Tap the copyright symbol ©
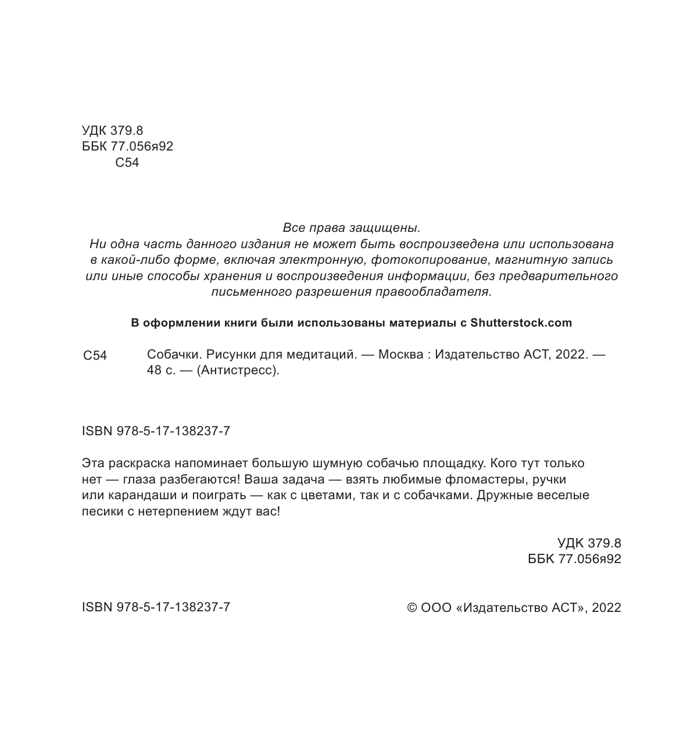tap(412, 608)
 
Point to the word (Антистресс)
tap(238, 370)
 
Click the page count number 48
tap(155, 370)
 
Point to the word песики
tap(101, 512)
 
